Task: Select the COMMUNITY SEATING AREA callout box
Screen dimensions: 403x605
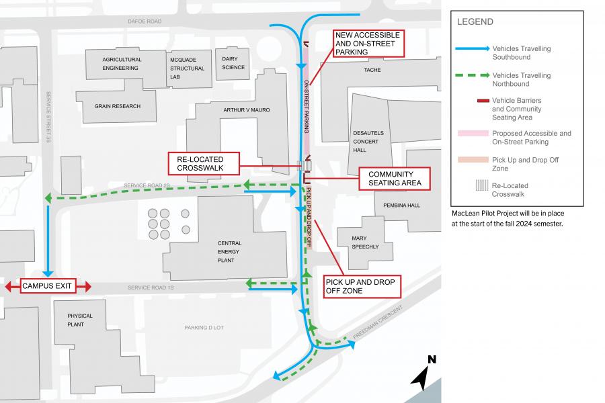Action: [x=395, y=178]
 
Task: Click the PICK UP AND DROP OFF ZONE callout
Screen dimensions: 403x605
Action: [x=362, y=285]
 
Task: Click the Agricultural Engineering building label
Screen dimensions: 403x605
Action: [x=121, y=64]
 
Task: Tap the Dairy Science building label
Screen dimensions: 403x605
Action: [x=233, y=63]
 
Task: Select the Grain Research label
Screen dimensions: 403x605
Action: [x=118, y=106]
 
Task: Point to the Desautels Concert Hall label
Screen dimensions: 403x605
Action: [x=367, y=142]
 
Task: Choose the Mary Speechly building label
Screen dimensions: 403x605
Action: [x=366, y=242]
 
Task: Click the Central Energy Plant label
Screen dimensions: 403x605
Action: [x=229, y=253]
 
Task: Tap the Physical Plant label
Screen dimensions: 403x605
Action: [x=80, y=320]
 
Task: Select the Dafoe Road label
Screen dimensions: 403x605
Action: [x=145, y=21]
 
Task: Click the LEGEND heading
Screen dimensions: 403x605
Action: [x=475, y=21]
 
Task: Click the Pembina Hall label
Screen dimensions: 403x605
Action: [x=402, y=205]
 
